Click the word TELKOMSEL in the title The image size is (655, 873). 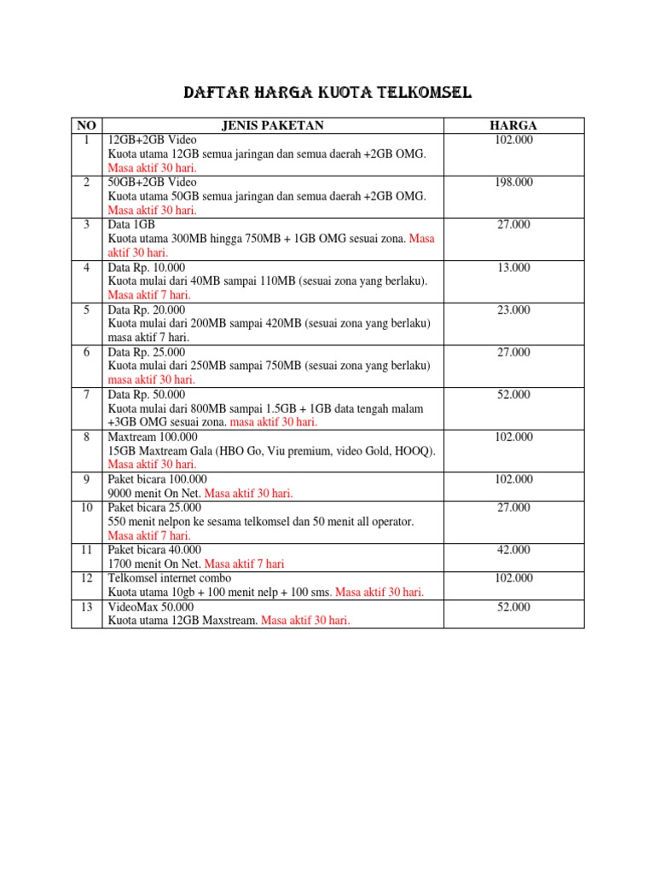(x=422, y=92)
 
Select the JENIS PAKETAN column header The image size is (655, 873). (x=272, y=126)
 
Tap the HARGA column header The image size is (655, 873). (x=513, y=126)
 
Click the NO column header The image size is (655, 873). (x=86, y=126)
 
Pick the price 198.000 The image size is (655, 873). (x=513, y=182)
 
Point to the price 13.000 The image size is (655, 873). (x=513, y=268)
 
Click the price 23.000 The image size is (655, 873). (x=513, y=310)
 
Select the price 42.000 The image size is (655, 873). (x=513, y=550)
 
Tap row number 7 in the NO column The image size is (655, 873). (x=86, y=395)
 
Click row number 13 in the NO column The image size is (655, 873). (x=86, y=607)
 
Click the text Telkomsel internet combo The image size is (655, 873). (x=170, y=578)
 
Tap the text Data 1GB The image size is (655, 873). (x=131, y=225)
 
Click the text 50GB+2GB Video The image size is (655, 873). (x=152, y=182)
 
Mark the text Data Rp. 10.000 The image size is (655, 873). (x=146, y=268)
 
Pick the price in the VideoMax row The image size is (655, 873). (x=513, y=607)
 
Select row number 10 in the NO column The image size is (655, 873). (x=86, y=507)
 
